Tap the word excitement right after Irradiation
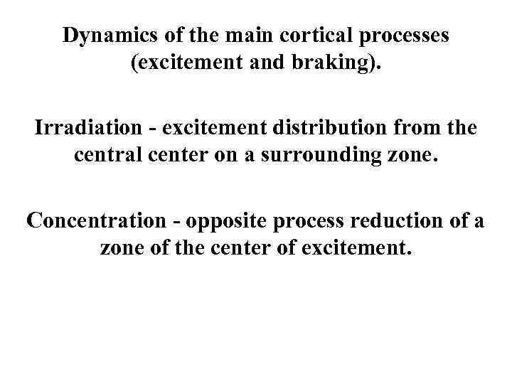218,129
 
